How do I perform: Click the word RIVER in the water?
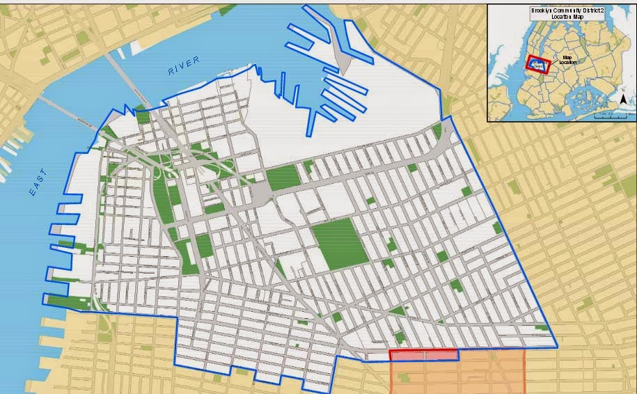coord(183,66)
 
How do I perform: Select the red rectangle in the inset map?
coord(538,65)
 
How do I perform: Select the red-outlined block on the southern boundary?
coord(423,355)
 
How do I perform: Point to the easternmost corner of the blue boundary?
coord(557,347)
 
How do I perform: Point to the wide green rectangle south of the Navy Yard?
coord(283,178)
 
